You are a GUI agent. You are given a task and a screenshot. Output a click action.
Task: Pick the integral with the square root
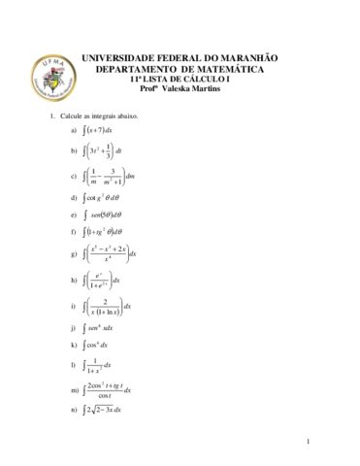click(x=103, y=411)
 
